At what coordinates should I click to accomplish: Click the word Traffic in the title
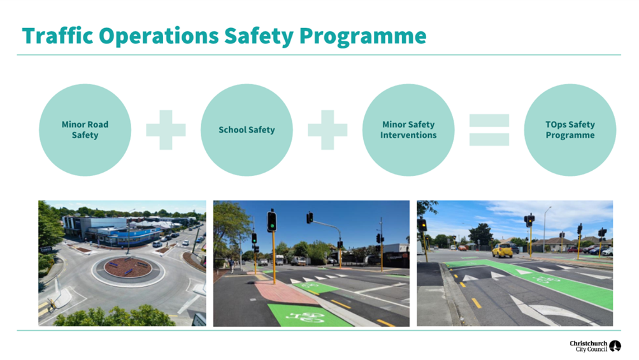point(57,36)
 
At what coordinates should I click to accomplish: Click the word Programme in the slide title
point(363,37)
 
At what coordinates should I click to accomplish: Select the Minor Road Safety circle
point(85,130)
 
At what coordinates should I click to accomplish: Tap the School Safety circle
point(247,130)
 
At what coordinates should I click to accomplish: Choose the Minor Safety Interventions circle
point(408,130)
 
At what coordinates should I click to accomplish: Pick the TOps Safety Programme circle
point(570,130)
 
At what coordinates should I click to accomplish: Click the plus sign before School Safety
point(166,129)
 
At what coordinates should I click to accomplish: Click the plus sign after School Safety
point(327,129)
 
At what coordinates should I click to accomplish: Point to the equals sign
point(489,129)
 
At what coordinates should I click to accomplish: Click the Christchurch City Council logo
point(596,346)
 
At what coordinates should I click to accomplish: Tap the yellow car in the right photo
point(502,250)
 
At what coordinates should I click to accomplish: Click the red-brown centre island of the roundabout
point(128,268)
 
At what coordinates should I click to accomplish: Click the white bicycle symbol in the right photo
point(546,280)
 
